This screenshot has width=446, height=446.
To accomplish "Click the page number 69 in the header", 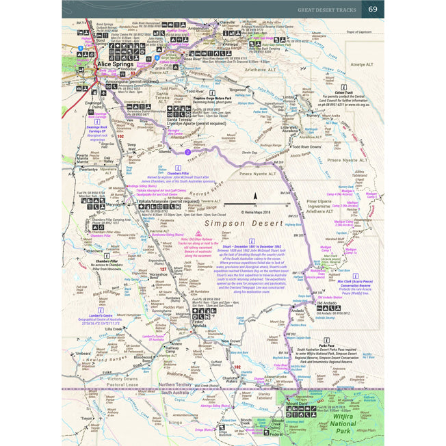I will point(373,9).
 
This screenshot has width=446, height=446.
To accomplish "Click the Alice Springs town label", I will point(118,64).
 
